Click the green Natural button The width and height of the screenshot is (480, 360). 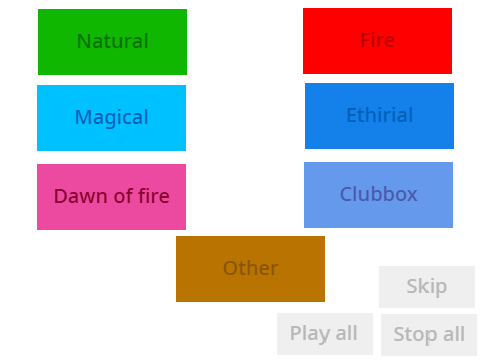(112, 42)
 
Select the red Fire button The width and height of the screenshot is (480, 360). (377, 41)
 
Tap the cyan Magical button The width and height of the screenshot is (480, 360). (111, 118)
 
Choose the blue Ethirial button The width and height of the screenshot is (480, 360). (379, 116)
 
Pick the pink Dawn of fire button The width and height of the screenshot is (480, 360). (111, 197)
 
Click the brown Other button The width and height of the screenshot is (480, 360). (250, 269)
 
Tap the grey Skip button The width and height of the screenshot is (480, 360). (427, 287)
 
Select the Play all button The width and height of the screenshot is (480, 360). (325, 334)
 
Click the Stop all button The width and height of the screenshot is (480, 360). (429, 335)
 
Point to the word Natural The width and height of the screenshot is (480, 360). (113, 41)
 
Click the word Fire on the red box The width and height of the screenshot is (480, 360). (378, 40)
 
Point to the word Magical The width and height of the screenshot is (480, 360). (112, 118)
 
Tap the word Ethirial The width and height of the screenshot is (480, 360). (380, 115)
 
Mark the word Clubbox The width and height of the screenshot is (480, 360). (379, 194)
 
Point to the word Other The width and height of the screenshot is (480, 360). (251, 268)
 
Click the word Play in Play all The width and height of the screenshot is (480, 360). (310, 334)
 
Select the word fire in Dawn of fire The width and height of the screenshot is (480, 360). (154, 196)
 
